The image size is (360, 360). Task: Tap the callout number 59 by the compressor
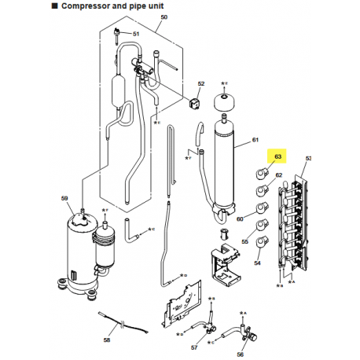point(65,200)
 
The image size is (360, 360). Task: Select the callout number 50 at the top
point(163,17)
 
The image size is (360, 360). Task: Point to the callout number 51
point(135,35)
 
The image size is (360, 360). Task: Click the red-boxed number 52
point(200,83)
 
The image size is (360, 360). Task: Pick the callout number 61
point(255,140)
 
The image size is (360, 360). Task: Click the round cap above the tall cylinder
point(227,101)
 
